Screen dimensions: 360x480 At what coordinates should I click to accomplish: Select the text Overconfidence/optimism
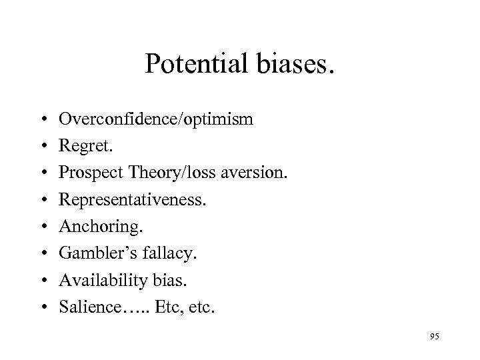pyautogui.click(x=155, y=119)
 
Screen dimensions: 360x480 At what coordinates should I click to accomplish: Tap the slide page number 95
pyautogui.click(x=434, y=337)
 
